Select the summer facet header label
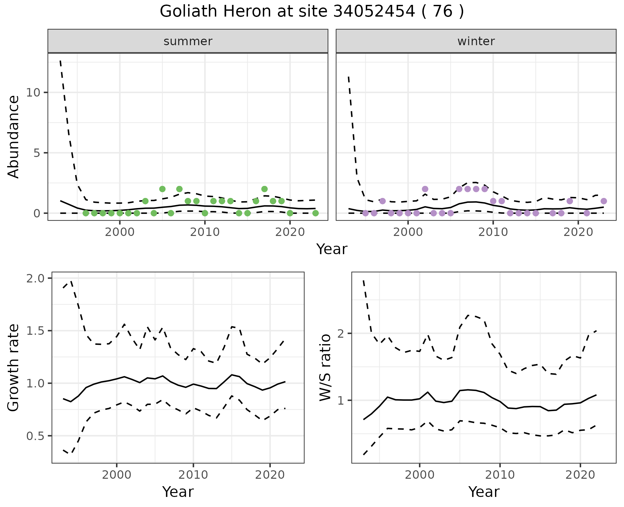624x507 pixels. coord(188,41)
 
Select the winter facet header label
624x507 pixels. coord(476,41)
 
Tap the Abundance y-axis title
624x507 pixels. coord(14,137)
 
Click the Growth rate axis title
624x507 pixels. coord(14,368)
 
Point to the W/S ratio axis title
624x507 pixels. coord(325,368)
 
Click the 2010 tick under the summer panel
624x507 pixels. coord(205,232)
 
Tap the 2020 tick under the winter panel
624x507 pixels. coord(578,232)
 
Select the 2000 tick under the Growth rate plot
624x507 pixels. coord(117,475)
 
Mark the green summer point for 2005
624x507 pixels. coord(162,189)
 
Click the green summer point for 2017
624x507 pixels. coord(265,189)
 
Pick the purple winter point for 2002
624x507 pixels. coord(425,189)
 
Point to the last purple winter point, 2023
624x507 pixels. coord(604,201)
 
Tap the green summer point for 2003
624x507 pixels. coord(145,201)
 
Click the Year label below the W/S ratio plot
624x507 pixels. coord(484,492)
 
